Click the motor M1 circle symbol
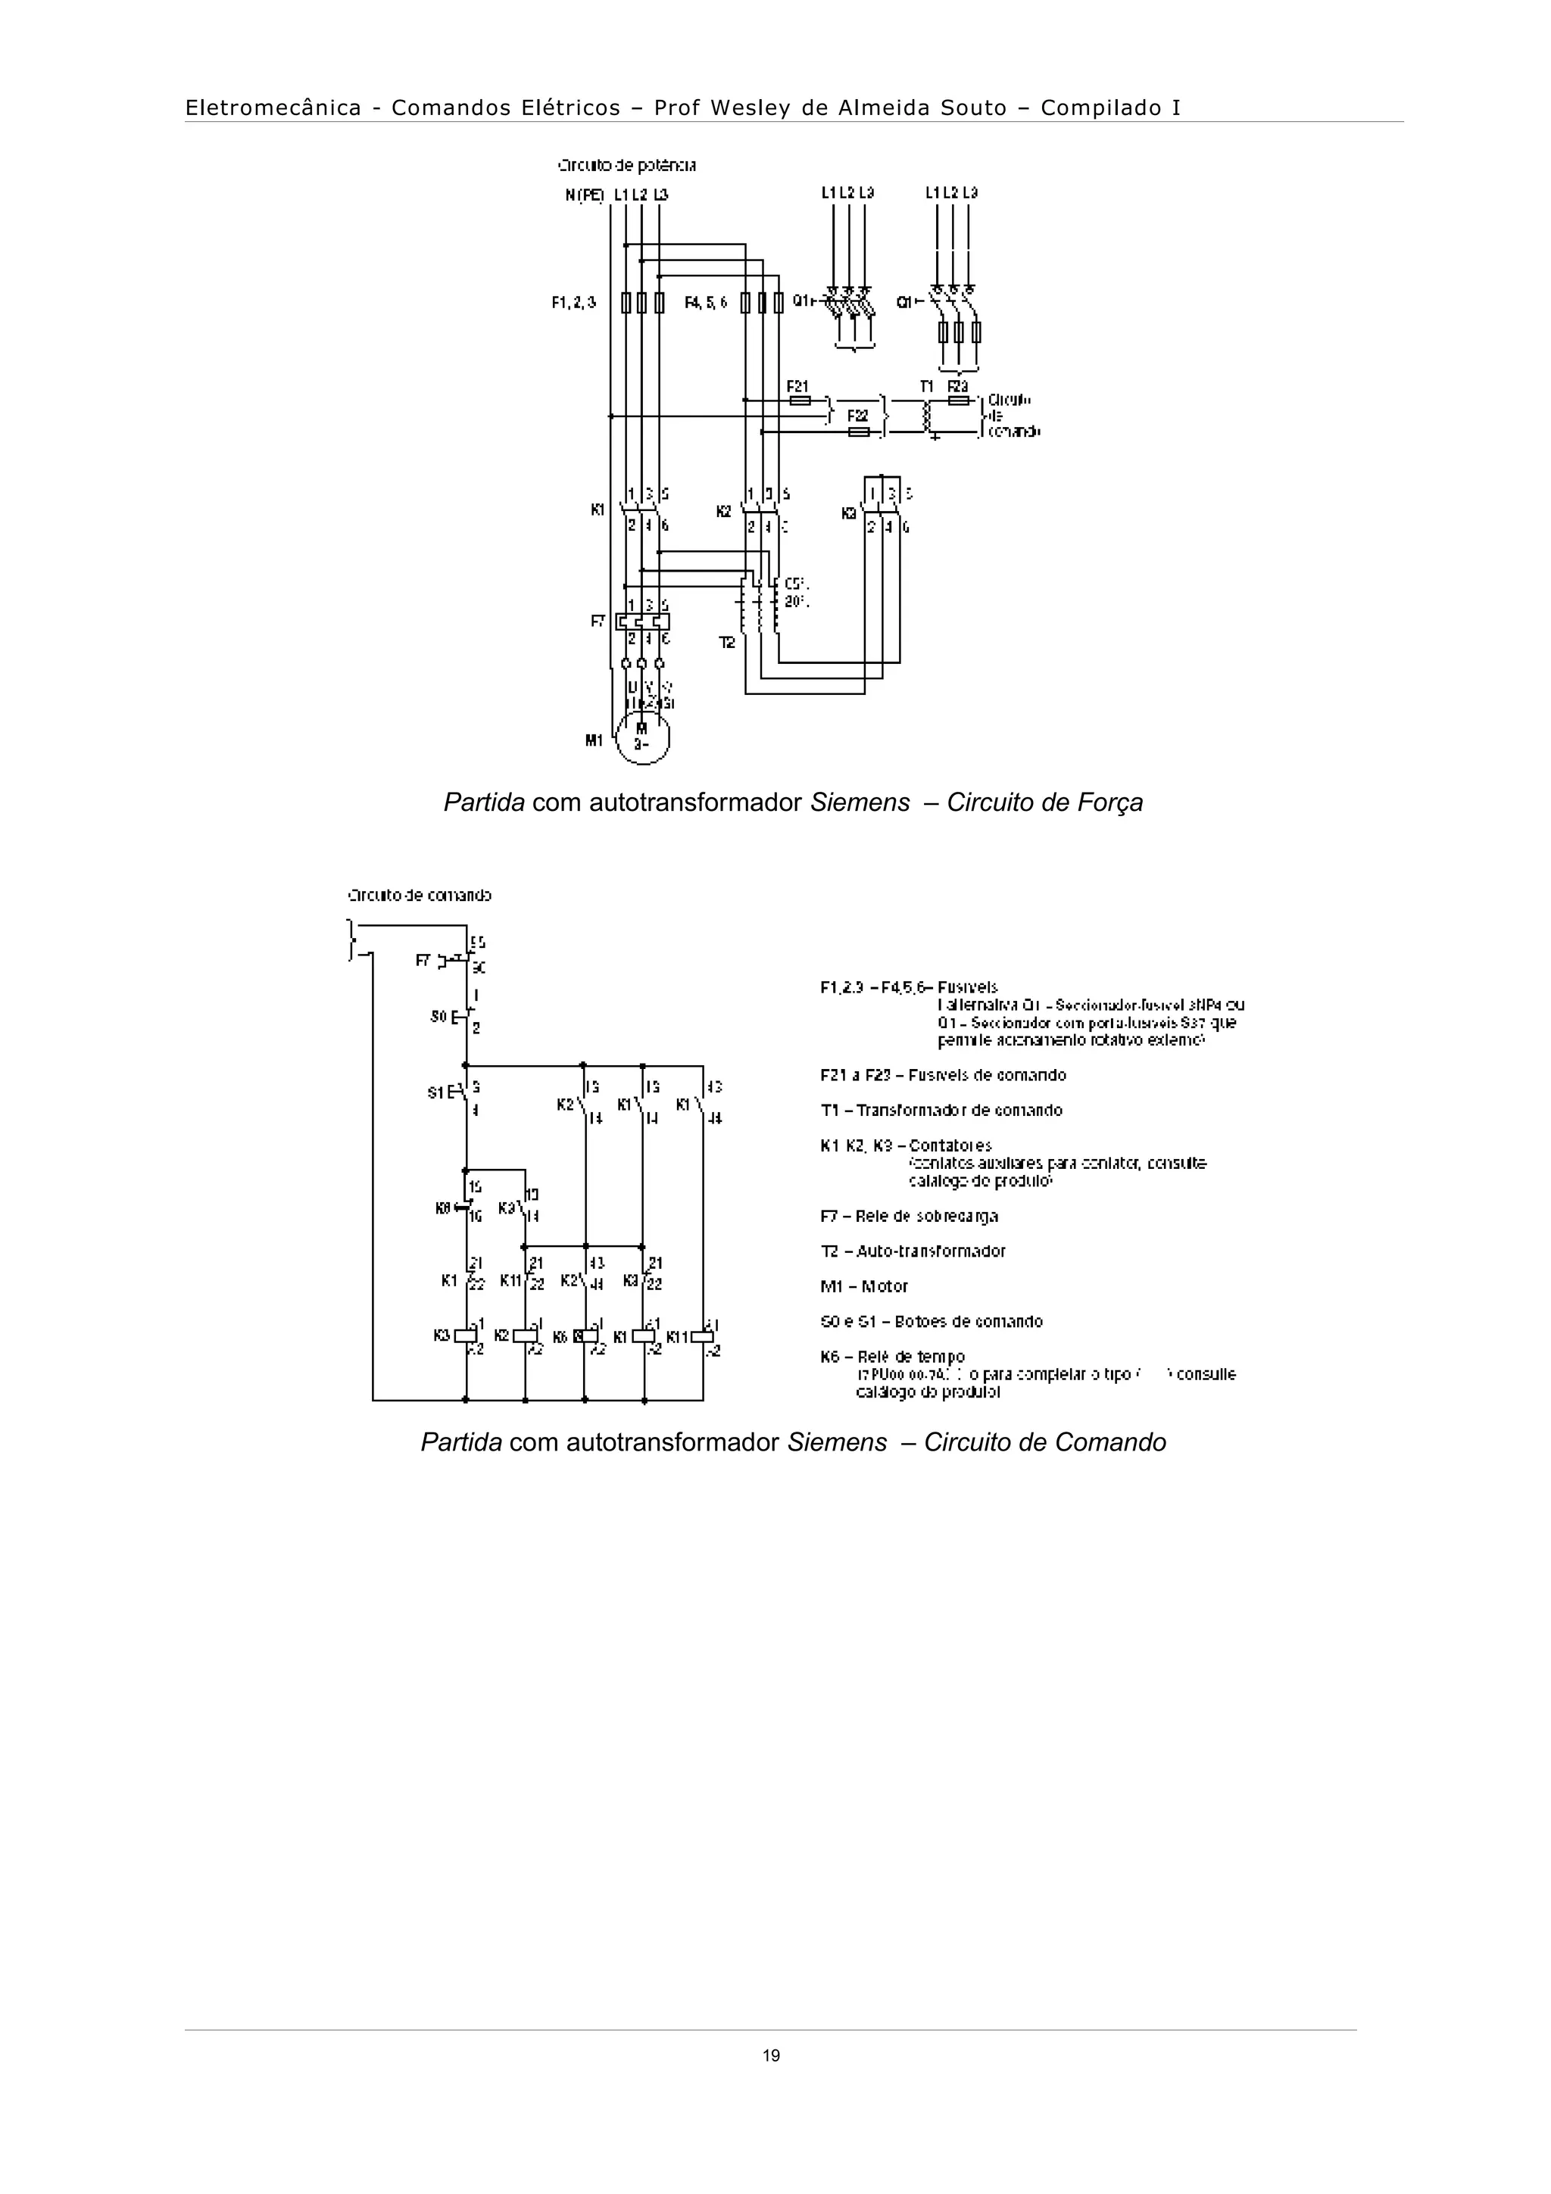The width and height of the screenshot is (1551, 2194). click(642, 736)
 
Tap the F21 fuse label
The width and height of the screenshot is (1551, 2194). click(797, 386)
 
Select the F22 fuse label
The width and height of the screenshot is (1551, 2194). click(857, 416)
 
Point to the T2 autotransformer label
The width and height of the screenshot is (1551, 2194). click(727, 643)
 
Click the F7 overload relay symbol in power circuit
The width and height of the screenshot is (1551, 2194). click(642, 620)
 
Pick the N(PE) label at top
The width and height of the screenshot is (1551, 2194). click(584, 194)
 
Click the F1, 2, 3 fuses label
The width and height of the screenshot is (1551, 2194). click(573, 302)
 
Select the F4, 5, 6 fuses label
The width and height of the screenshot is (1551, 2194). click(707, 302)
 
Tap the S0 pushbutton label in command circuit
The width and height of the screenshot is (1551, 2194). click(438, 1016)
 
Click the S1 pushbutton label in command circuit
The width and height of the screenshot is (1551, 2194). click(435, 1092)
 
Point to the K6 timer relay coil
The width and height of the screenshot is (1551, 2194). click(584, 1336)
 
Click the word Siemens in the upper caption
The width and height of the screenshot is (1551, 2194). click(860, 802)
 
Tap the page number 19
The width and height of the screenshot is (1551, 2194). click(771, 2056)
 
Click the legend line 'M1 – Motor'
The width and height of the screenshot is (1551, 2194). click(864, 1286)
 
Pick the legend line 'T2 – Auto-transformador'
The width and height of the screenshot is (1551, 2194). click(913, 1251)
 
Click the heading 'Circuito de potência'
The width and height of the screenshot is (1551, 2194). click(627, 165)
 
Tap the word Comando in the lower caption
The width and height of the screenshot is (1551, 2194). click(1112, 1442)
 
